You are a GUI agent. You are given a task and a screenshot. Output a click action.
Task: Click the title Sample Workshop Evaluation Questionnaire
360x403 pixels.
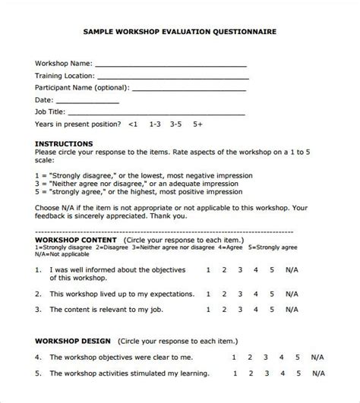[179, 33]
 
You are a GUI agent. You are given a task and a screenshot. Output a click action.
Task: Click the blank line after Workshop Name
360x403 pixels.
[170, 66]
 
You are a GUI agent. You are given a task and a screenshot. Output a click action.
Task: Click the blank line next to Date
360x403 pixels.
[88, 102]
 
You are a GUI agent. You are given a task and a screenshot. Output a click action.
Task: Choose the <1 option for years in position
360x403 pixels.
[134, 123]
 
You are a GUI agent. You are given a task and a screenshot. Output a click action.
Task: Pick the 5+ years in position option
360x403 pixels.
[197, 123]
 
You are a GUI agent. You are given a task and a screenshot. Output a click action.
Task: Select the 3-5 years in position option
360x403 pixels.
[176, 123]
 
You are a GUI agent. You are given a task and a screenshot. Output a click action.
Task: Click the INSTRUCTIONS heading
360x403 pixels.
[65, 143]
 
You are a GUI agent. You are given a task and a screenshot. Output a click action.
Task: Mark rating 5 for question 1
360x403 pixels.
[271, 269]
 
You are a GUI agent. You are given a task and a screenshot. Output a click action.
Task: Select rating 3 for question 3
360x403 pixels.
[240, 309]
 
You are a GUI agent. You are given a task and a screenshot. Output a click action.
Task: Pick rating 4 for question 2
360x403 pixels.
[256, 288]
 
